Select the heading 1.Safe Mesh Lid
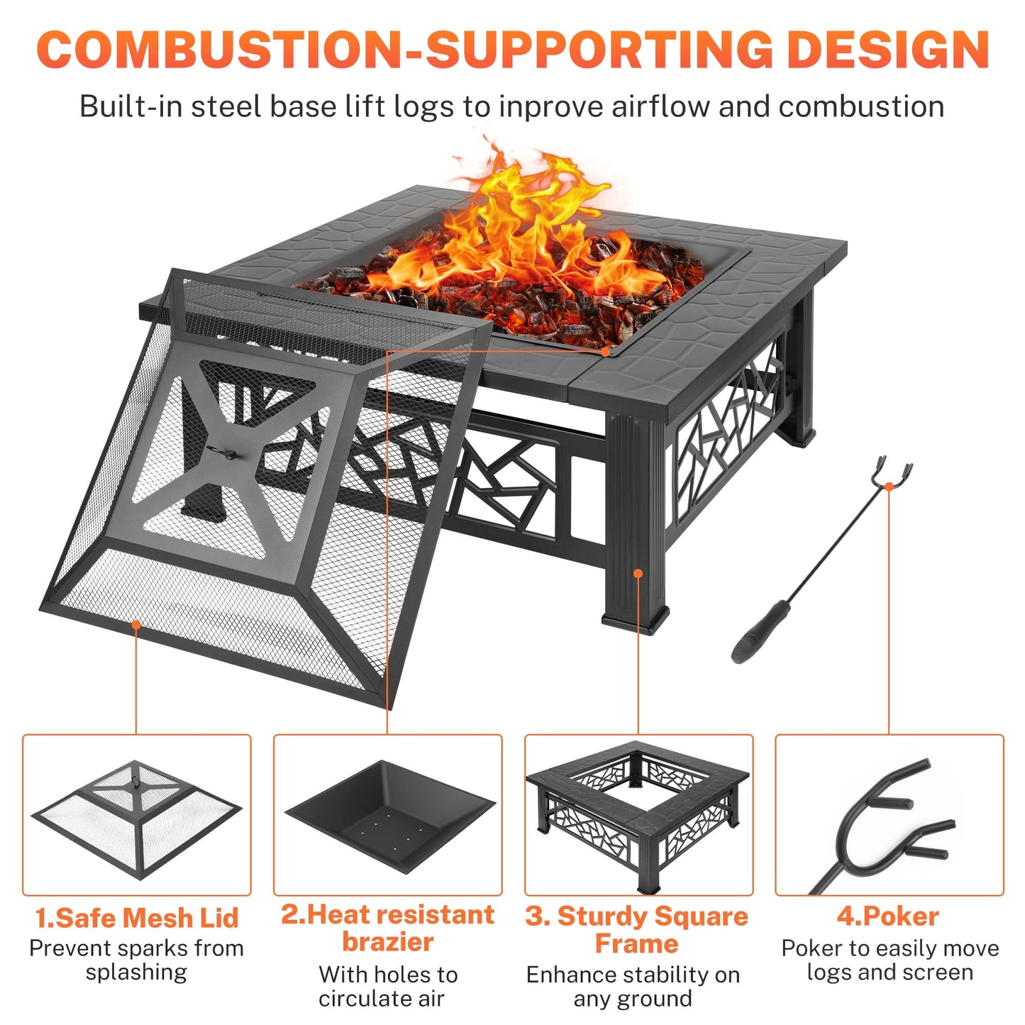pos(137,917)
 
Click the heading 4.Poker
pos(888,916)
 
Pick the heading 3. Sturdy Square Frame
pos(636,929)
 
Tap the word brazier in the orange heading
pos(387,942)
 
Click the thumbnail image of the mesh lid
pos(137,816)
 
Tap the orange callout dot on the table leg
pos(638,572)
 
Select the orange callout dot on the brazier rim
pos(604,350)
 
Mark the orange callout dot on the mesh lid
pos(136,624)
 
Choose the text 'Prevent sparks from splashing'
pos(137,960)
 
